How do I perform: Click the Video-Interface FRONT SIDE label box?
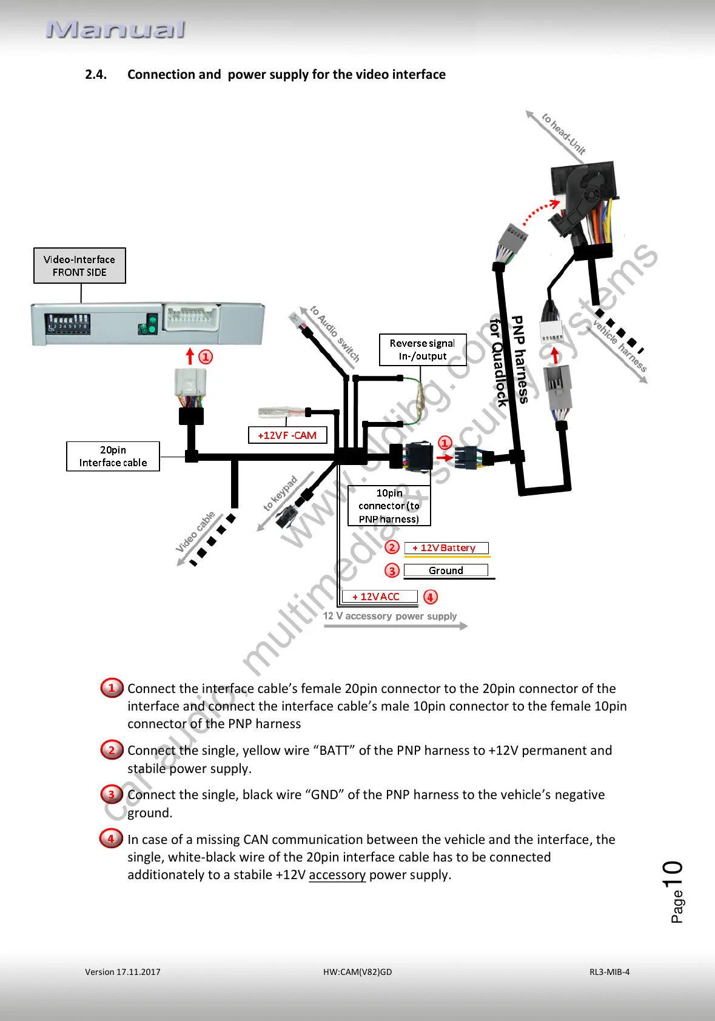pos(79,266)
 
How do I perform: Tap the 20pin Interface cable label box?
pos(113,457)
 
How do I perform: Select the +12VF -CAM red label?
pos(287,435)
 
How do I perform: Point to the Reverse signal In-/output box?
pos(423,350)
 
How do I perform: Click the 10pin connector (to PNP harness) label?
pos(389,506)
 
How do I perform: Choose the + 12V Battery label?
pos(446,548)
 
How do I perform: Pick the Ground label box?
pos(446,571)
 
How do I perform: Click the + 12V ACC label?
pos(380,597)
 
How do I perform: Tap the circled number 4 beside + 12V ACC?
pos(430,597)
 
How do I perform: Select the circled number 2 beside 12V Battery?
pos(392,547)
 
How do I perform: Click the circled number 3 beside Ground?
pos(392,571)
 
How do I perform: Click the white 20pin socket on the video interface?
pos(192,317)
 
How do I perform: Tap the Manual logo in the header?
pos(115,30)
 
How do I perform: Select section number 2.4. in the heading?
pos(96,75)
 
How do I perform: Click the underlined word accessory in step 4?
pos(337,875)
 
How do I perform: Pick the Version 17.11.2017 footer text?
pos(123,972)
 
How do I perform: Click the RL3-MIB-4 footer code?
pos(609,972)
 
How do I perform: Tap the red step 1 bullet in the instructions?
pos(112,688)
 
